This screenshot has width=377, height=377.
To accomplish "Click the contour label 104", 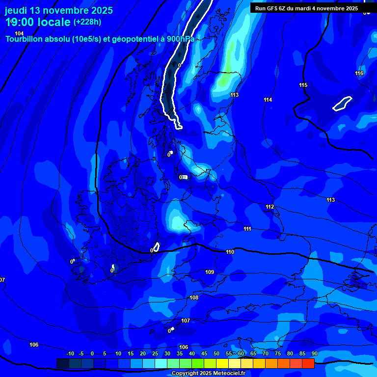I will [19, 33].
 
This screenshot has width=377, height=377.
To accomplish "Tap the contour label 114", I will [268, 100].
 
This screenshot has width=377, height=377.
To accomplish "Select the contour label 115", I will [303, 85].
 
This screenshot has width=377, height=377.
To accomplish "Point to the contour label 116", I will [359, 74].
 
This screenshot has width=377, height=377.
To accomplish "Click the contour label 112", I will [269, 207].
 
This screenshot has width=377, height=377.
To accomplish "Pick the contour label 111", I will [247, 229].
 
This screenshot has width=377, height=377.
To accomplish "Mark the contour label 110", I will [230, 252].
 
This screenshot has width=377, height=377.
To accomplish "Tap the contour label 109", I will [210, 272].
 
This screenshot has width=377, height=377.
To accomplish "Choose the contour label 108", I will [194, 298].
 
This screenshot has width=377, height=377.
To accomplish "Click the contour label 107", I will [186, 321].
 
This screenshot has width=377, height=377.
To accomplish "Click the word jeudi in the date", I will [18, 11].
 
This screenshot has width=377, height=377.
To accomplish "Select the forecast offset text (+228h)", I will [87, 22].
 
